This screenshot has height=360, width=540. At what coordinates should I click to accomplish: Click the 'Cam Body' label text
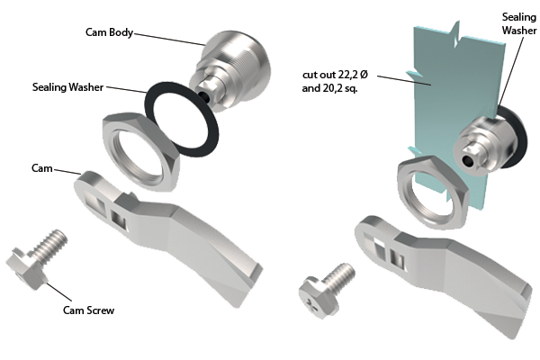(x=109, y=32)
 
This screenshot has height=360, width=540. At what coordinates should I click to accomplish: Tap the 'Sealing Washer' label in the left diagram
(x=67, y=86)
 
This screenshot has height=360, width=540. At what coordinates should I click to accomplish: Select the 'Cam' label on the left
(x=42, y=168)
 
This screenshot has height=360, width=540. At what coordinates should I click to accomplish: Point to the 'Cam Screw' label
(x=88, y=310)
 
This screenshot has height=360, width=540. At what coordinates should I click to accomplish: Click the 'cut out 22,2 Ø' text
(x=335, y=75)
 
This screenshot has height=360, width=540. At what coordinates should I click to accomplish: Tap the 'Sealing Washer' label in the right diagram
(x=519, y=23)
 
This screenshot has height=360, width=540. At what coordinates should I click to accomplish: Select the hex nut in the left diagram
(x=141, y=151)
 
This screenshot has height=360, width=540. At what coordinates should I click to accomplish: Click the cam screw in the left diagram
(x=36, y=259)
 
